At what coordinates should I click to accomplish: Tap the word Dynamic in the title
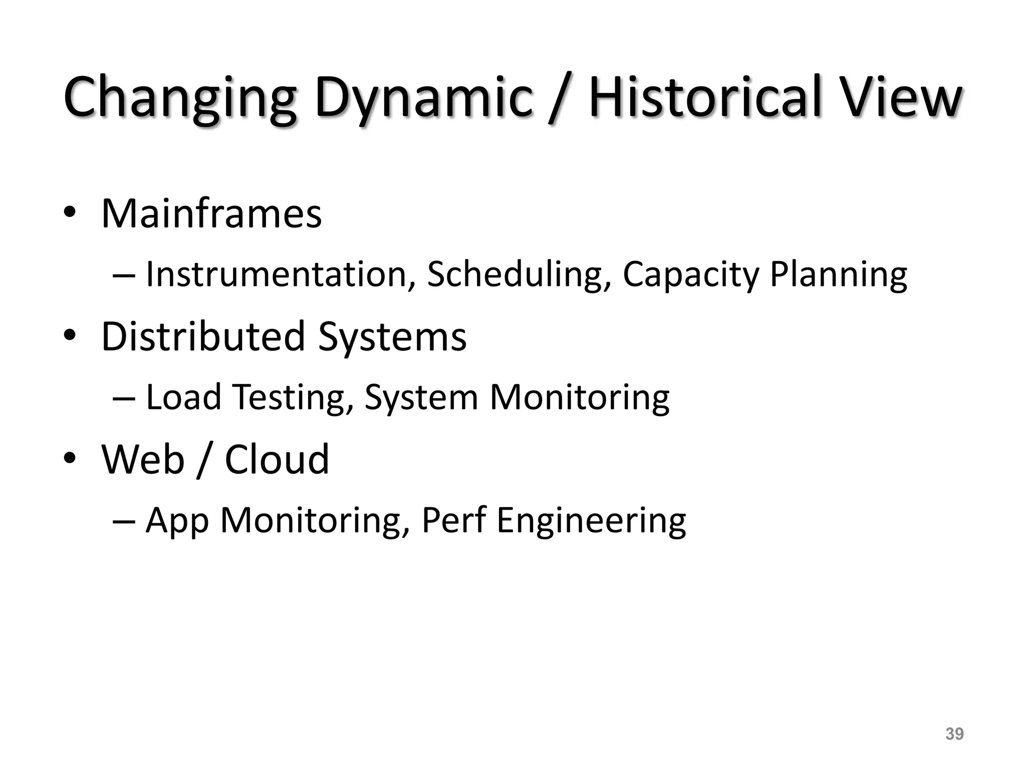(x=423, y=98)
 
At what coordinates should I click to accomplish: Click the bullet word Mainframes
(x=211, y=214)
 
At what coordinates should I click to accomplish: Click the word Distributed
(x=203, y=336)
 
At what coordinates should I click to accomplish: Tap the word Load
(x=183, y=397)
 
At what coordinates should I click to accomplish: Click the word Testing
(x=290, y=397)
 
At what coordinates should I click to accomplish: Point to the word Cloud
(x=277, y=459)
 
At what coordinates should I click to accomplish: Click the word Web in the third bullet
(x=143, y=459)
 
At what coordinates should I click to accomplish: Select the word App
(x=177, y=521)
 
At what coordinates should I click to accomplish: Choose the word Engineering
(x=591, y=521)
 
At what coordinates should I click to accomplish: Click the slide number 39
(x=954, y=734)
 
